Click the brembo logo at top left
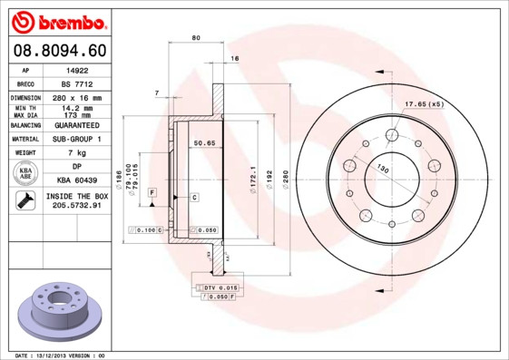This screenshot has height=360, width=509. pyautogui.click(x=57, y=19)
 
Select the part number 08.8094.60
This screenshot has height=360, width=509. pyautogui.click(x=58, y=50)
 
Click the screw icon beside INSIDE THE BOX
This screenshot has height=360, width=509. pyautogui.click(x=25, y=201)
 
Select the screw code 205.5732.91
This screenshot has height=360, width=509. pyautogui.click(x=76, y=207)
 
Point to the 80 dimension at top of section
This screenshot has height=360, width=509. pyautogui.click(x=197, y=37)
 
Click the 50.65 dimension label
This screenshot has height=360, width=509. pyautogui.click(x=203, y=142)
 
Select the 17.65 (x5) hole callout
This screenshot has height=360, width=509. pyautogui.click(x=424, y=104)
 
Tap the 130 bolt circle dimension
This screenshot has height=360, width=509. pyautogui.click(x=383, y=169)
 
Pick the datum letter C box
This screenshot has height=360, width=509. pyautogui.click(x=194, y=197)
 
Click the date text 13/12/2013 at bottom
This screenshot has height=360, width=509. pyautogui.click(x=56, y=355)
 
